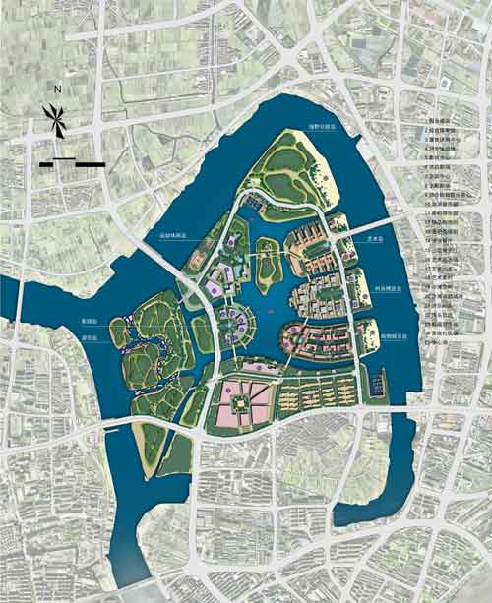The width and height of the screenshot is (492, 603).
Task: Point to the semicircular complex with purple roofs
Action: (x=232, y=322)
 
